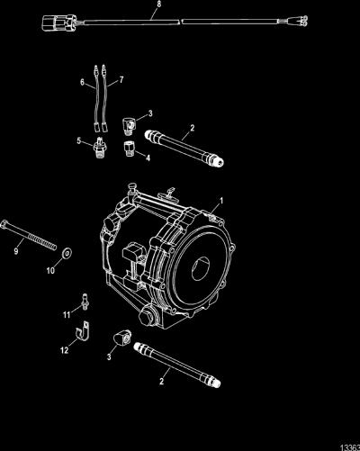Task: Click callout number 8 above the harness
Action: [159, 4]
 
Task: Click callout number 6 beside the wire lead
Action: [82, 82]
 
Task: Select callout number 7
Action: [121, 80]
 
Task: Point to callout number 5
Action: [79, 140]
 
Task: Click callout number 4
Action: [148, 158]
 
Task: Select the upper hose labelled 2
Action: [184, 148]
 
